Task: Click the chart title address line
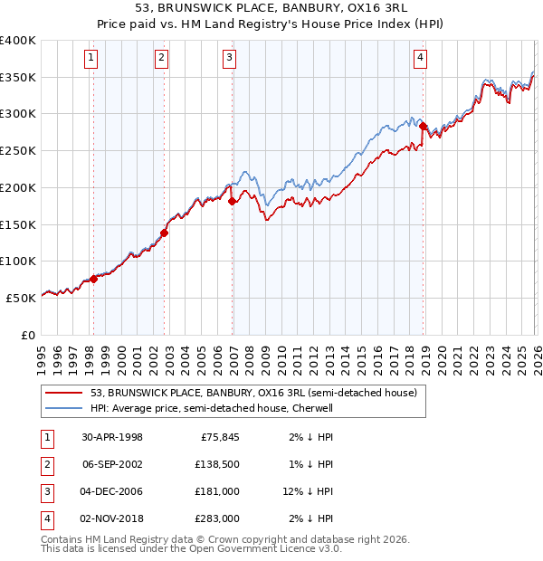click(271, 8)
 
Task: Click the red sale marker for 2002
click(164, 233)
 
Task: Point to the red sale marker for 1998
click(94, 279)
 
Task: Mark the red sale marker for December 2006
click(232, 201)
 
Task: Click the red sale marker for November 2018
click(424, 126)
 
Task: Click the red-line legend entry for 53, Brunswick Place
click(253, 393)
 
